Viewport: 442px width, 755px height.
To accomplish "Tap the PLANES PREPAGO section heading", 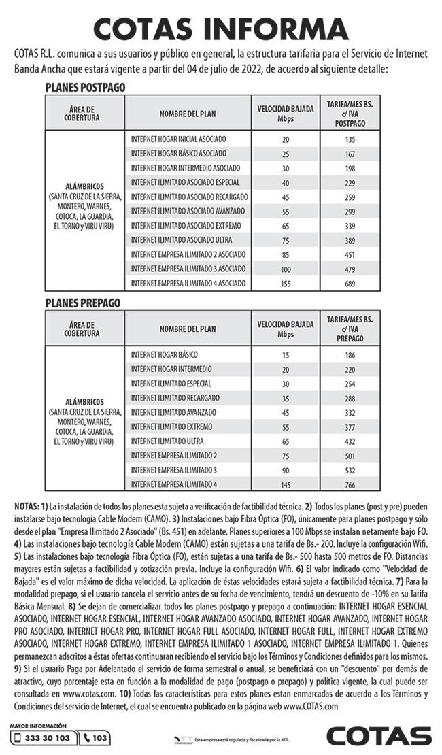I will (x=82, y=302).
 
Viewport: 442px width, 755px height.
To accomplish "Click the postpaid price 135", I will (x=350, y=139).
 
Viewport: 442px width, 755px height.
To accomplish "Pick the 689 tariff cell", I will (x=350, y=284).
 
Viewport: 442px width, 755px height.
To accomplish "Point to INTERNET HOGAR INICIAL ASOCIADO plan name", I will (x=179, y=139).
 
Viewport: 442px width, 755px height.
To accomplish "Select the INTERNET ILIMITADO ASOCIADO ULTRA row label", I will (x=182, y=240).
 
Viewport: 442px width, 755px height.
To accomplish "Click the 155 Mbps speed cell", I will (x=284, y=284).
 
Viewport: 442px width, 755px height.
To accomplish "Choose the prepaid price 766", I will (x=350, y=484).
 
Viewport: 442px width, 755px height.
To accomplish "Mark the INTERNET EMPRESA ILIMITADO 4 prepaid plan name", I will (x=174, y=484).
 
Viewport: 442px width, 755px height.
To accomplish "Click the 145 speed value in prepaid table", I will (x=284, y=484).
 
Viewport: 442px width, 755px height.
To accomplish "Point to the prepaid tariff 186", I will (x=350, y=355).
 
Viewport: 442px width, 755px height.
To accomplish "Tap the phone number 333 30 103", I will (x=42, y=738).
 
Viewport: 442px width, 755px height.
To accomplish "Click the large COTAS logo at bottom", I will (x=379, y=737).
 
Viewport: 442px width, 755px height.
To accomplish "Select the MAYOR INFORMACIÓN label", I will (x=39, y=726).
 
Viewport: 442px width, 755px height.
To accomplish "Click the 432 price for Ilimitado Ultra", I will (x=350, y=441).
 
